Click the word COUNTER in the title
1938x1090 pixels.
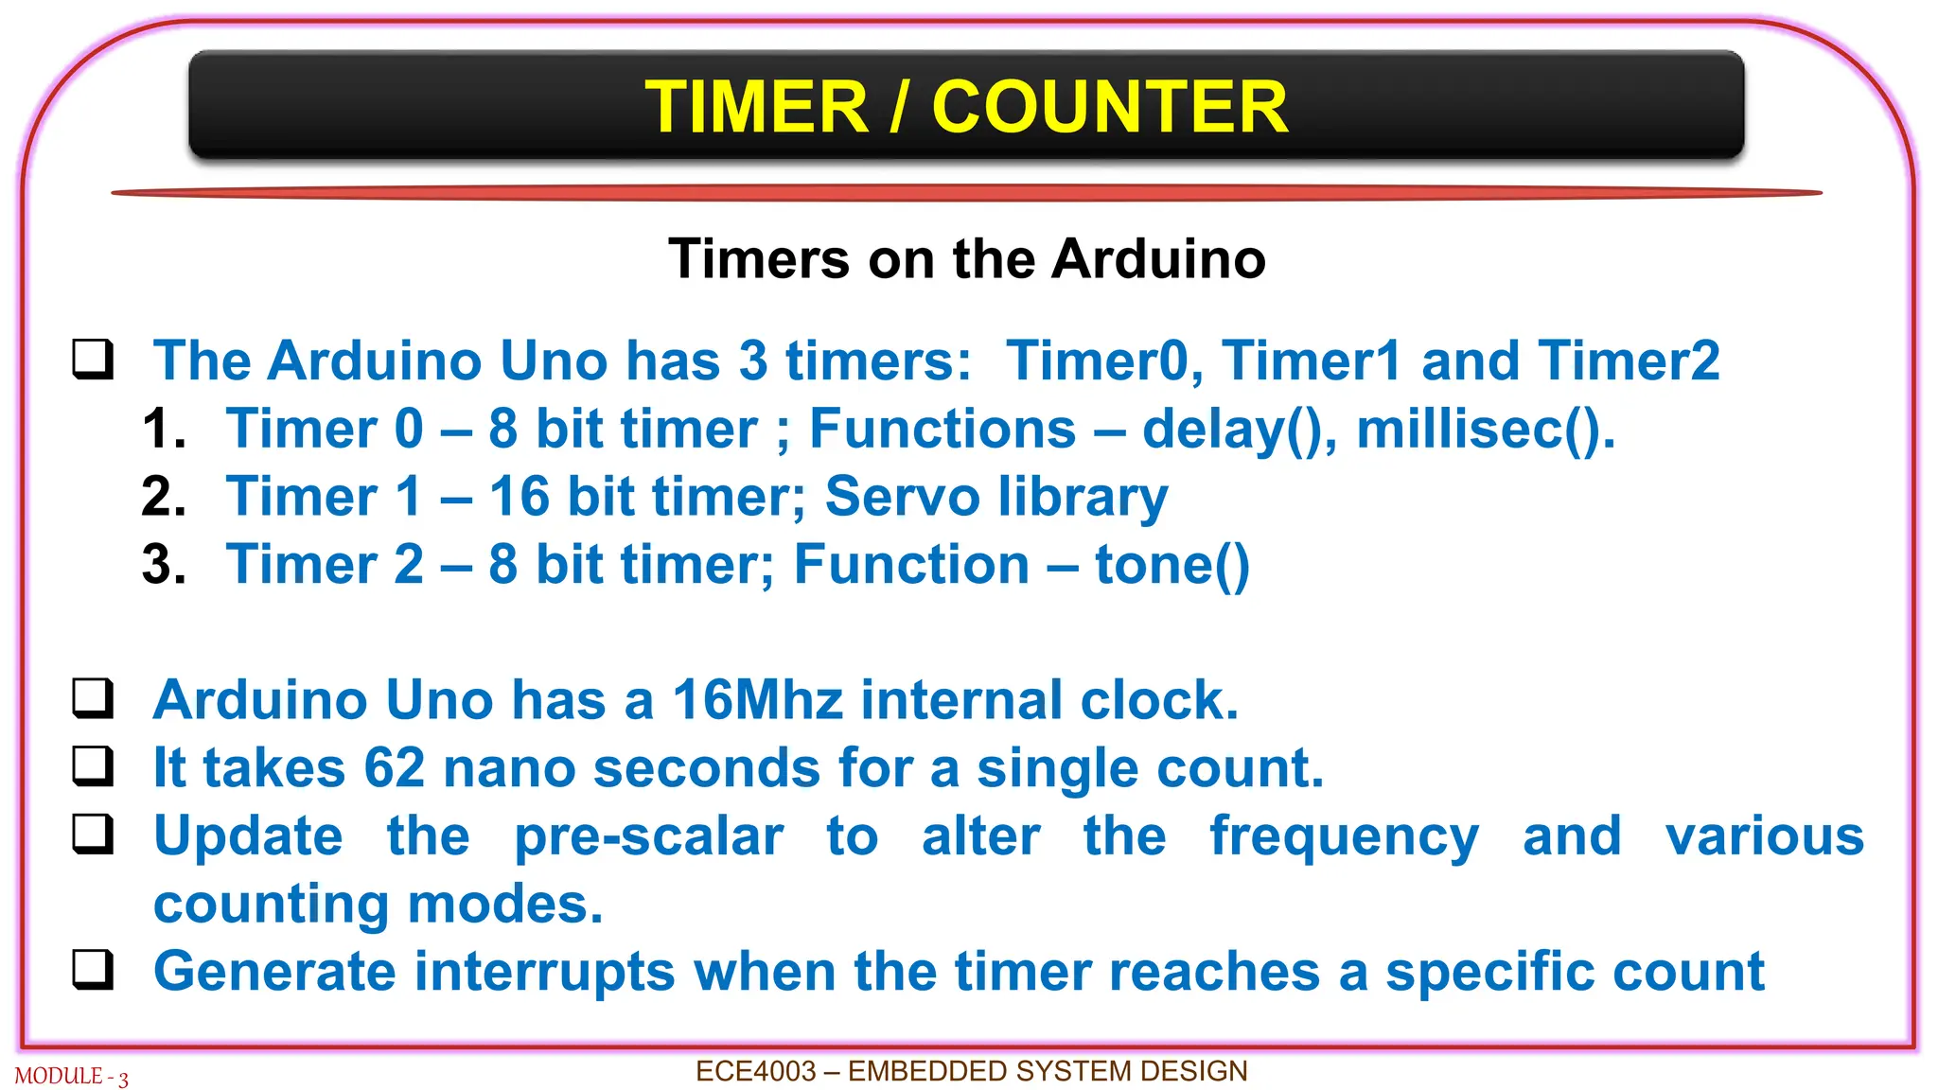(1109, 107)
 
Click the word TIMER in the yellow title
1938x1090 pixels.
(756, 107)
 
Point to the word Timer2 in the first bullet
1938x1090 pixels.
(1629, 360)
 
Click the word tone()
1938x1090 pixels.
(1172, 565)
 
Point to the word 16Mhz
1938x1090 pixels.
(757, 700)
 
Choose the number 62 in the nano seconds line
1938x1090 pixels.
(395, 767)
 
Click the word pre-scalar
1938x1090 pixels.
(648, 836)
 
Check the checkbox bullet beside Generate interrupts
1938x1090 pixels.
(94, 971)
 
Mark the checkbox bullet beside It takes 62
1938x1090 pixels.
(94, 766)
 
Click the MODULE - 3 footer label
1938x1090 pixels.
(71, 1077)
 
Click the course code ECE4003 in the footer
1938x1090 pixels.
(755, 1071)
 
